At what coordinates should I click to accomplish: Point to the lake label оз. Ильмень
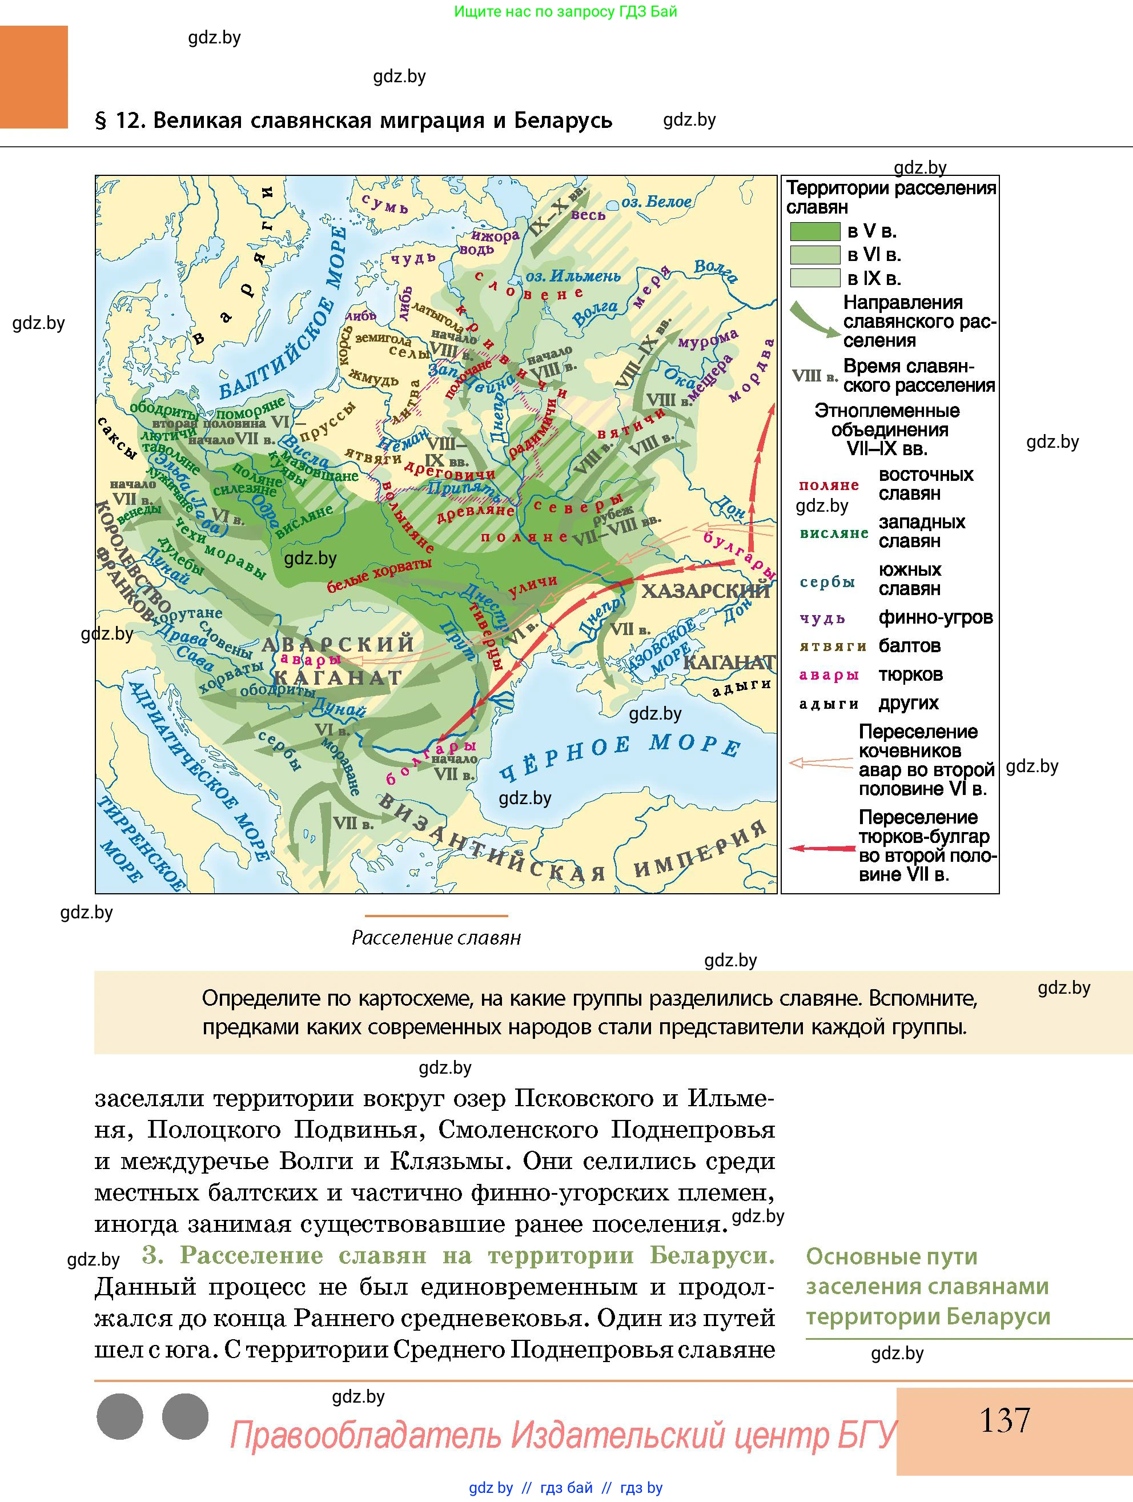[x=573, y=276]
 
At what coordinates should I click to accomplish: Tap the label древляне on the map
[x=475, y=510]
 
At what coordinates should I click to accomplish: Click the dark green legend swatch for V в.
[x=814, y=231]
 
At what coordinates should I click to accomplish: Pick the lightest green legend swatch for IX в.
[x=814, y=278]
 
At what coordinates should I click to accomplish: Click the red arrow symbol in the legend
[x=821, y=848]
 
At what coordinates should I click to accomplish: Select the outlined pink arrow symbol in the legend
[x=821, y=763]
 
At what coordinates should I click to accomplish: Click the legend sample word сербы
[x=827, y=582]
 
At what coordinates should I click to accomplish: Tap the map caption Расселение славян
[x=436, y=938]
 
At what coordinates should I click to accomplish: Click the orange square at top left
[x=34, y=77]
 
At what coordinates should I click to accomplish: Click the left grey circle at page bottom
[x=120, y=1416]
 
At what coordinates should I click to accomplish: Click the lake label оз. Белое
[x=656, y=202]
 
